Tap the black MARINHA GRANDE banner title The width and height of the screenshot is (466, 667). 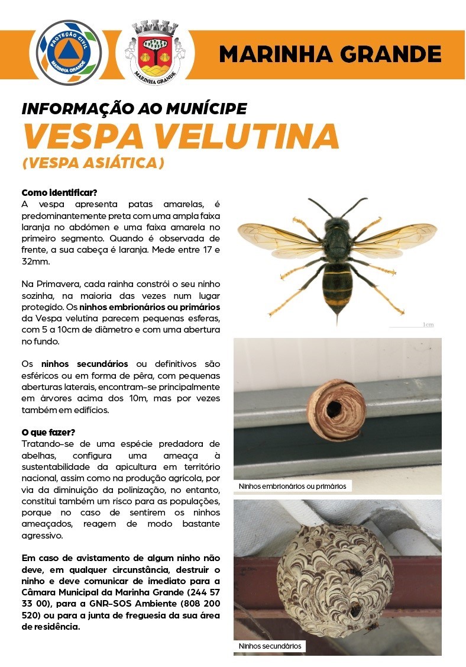[x=330, y=54]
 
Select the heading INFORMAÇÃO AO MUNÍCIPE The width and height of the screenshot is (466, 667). [x=134, y=109]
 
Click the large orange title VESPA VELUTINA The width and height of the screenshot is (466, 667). [x=180, y=136]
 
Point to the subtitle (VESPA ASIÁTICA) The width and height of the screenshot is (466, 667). [x=93, y=163]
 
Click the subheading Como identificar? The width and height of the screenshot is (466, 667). [x=59, y=193]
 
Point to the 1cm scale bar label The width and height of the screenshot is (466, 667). [x=428, y=324]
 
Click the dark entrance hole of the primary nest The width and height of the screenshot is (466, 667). [x=333, y=408]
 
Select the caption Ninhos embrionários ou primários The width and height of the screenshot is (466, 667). [x=292, y=486]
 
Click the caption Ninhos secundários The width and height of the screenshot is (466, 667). [x=270, y=646]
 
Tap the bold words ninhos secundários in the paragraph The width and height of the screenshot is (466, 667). [x=85, y=363]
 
